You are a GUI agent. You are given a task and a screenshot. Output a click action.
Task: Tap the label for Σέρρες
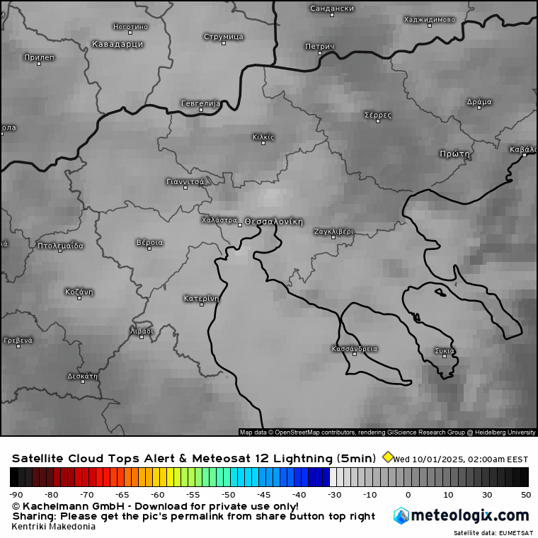tap(377, 114)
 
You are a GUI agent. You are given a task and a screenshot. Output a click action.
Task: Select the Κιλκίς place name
tap(263, 137)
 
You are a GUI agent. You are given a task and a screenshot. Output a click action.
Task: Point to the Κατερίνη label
tap(201, 298)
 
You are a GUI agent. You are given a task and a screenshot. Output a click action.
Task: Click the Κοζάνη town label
tap(79, 292)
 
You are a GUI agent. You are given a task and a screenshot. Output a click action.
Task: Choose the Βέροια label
tap(149, 242)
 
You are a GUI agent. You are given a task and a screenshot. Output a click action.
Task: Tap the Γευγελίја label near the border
tap(200, 103)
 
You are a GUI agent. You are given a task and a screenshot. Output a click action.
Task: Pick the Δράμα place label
tap(479, 101)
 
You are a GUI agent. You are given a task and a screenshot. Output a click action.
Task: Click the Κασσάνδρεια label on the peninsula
tap(355, 348)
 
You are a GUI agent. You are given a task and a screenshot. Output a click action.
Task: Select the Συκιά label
tap(445, 350)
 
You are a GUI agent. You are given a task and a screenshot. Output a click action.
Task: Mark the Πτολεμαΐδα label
tap(60, 246)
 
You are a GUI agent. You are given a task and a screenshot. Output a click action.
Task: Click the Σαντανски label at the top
tap(332, 8)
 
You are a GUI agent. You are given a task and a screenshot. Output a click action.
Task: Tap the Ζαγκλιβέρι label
tap(333, 231)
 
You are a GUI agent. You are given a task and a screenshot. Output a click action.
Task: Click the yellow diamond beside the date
tap(387, 457)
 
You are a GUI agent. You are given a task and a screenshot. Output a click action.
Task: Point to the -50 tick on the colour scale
tap(228, 494)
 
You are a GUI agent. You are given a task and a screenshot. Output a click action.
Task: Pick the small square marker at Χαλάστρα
tap(240, 224)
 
